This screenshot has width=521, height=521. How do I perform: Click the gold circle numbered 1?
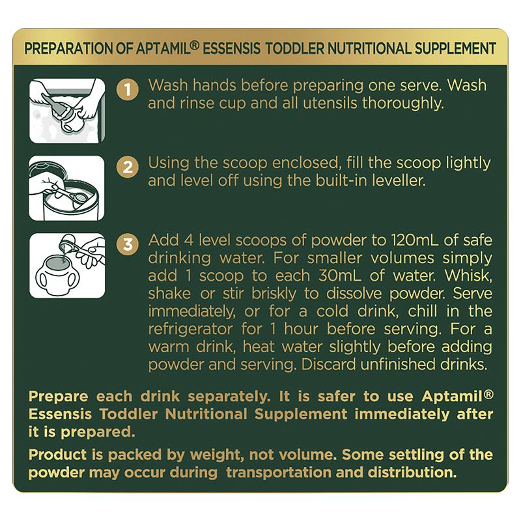(x=128, y=89)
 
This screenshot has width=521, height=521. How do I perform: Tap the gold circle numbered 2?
(x=128, y=167)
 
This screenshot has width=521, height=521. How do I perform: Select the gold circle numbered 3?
(x=128, y=245)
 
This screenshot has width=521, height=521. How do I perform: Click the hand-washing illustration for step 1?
(x=67, y=111)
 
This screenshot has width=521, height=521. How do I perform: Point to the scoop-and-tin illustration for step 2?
(x=67, y=188)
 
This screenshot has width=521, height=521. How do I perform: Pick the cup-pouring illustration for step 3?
(x=67, y=266)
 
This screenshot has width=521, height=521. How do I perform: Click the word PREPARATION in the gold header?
(x=69, y=48)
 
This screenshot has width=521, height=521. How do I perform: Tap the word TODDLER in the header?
(x=294, y=48)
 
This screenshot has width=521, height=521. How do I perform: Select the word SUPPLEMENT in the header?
(x=455, y=48)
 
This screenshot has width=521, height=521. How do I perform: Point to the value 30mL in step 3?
(x=340, y=275)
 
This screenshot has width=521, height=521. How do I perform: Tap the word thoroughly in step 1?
(x=403, y=104)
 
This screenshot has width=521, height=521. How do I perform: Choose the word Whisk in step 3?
(x=468, y=275)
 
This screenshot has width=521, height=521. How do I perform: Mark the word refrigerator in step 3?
(x=190, y=330)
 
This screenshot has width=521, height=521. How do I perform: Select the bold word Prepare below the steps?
(x=59, y=397)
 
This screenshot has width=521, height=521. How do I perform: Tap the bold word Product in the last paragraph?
(x=58, y=455)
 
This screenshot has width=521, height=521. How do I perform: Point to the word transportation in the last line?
(x=278, y=473)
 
